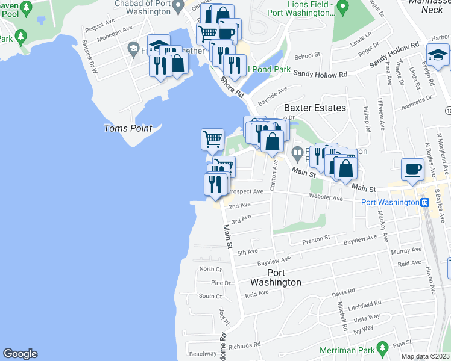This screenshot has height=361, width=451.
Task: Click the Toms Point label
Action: pos(128,128)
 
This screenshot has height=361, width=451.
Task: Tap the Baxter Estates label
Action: pos(315,108)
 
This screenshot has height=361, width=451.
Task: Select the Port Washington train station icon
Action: pos(424,202)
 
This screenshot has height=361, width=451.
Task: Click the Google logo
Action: pos(20,354)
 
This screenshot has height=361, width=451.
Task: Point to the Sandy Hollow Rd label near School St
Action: pos(321,74)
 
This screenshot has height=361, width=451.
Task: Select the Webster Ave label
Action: pos(326,198)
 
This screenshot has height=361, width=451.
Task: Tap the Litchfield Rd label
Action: pos(365,303)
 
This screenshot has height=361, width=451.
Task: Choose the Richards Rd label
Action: pos(245,345)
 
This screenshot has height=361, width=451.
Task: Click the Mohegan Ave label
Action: pos(118,29)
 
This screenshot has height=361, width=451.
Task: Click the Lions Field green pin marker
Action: pos(342,8)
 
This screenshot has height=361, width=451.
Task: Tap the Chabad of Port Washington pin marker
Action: pos(177,7)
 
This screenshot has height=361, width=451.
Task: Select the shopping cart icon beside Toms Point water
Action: pos(212,139)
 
